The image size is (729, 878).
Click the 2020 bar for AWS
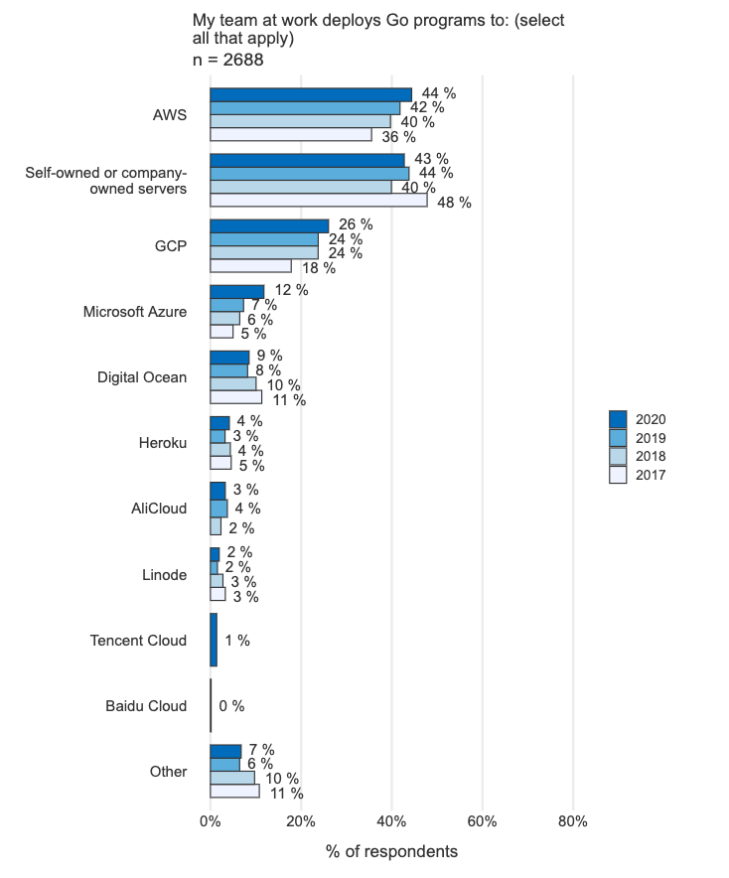coord(310,94)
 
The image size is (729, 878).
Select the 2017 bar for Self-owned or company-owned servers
coord(318,201)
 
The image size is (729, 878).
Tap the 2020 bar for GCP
coord(268,225)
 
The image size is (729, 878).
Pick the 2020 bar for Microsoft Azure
coord(236,291)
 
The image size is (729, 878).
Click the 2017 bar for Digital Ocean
coord(235,397)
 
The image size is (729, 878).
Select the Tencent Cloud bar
coord(214,640)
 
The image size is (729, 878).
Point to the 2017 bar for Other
coord(234,792)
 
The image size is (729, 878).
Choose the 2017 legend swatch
coord(618,475)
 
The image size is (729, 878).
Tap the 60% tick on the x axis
coord(482,821)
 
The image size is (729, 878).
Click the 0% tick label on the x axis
coord(210,821)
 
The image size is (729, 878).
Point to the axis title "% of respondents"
coord(391,852)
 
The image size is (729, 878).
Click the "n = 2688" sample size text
coord(227,61)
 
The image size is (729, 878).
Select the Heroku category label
coord(163,443)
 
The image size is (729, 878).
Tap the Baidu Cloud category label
coord(146,706)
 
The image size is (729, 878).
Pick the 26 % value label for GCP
coord(356,224)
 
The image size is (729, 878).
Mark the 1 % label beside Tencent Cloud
coord(237,641)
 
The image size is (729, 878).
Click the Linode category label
coord(164,574)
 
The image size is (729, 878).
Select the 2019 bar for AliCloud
coord(219,509)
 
